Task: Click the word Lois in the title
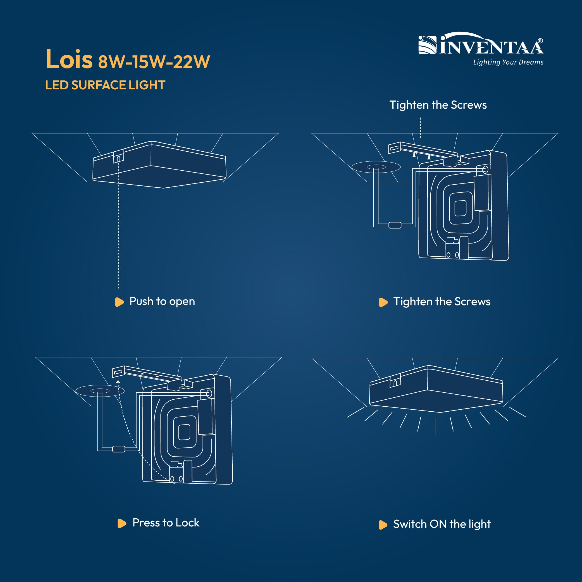pyautogui.click(x=69, y=59)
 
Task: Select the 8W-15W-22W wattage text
pyautogui.click(x=154, y=62)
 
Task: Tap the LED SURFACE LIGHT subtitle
pyautogui.click(x=105, y=85)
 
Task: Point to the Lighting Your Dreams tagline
pyautogui.click(x=508, y=62)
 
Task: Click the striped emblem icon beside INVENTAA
pyautogui.click(x=427, y=45)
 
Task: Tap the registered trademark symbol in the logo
pyautogui.click(x=540, y=41)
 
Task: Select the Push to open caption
pyautogui.click(x=162, y=301)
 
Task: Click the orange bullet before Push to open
pyautogui.click(x=119, y=302)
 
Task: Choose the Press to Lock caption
pyautogui.click(x=166, y=523)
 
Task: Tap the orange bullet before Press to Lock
pyautogui.click(x=122, y=523)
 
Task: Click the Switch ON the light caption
pyautogui.click(x=442, y=524)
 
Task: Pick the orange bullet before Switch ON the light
pyautogui.click(x=383, y=525)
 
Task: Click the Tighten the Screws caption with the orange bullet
pyautogui.click(x=442, y=302)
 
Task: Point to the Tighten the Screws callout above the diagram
pyautogui.click(x=438, y=105)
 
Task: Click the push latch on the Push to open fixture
pyautogui.click(x=118, y=157)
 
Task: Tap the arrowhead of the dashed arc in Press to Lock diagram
pyautogui.click(x=118, y=382)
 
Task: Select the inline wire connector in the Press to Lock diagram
pyautogui.click(x=119, y=449)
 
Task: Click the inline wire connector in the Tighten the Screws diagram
pyautogui.click(x=395, y=225)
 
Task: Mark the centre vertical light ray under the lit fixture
pyautogui.click(x=435, y=427)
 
